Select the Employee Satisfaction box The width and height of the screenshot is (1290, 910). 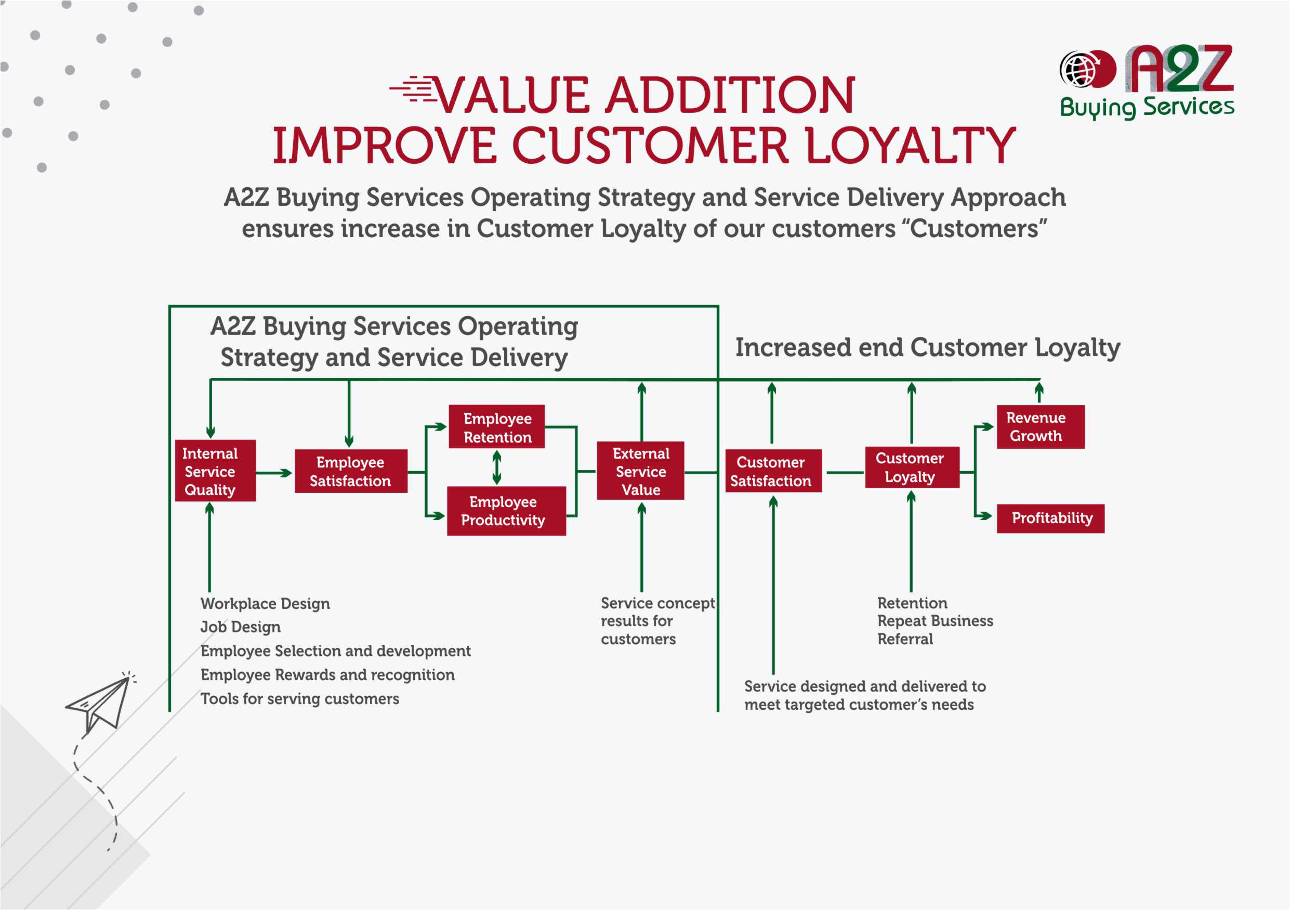point(351,471)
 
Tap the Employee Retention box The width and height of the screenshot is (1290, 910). point(497,427)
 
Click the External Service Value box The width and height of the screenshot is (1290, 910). point(640,471)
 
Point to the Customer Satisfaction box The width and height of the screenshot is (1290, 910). point(772,471)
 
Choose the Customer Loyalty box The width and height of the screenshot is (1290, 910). point(911,467)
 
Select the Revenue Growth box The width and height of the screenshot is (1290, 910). point(1040,426)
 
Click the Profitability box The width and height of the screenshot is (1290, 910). point(1050,518)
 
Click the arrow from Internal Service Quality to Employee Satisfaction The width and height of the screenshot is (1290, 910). point(274,473)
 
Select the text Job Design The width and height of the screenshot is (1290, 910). point(241,627)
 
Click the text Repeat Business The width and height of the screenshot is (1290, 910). point(935,620)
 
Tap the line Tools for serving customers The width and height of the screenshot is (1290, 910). point(299,699)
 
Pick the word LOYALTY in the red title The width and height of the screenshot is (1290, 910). point(910,146)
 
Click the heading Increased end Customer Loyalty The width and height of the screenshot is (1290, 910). point(927,347)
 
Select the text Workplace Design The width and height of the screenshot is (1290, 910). point(265,604)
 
